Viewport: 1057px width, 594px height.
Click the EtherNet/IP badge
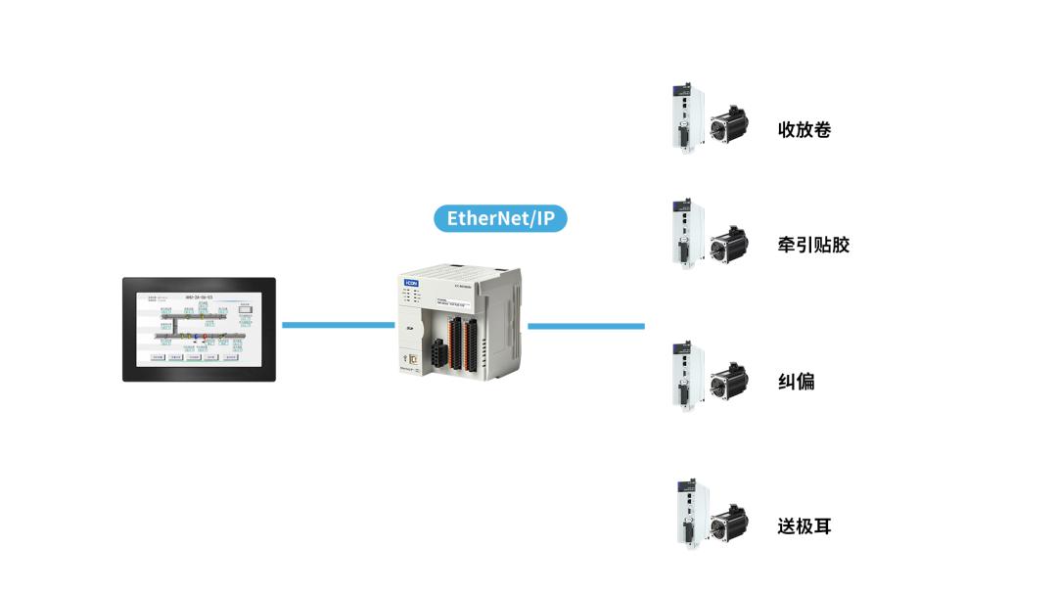tap(500, 217)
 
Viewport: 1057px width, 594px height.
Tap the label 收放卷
tap(804, 129)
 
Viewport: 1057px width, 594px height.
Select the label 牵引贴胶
tap(813, 245)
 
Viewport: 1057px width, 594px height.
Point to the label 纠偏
tap(796, 382)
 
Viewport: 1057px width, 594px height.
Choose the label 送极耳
tap(804, 526)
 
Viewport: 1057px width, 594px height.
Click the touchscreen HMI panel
tap(199, 330)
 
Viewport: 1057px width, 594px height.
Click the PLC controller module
tap(460, 323)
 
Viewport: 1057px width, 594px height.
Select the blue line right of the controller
tap(585, 325)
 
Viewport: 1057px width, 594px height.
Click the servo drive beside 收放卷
tap(686, 117)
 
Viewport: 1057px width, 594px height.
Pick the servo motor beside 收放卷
tap(728, 124)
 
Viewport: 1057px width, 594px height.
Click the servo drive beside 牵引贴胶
tap(686, 233)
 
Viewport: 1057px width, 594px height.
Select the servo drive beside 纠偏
tap(686, 376)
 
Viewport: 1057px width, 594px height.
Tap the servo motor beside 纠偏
tap(728, 383)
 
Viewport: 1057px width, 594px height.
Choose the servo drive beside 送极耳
tap(686, 516)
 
